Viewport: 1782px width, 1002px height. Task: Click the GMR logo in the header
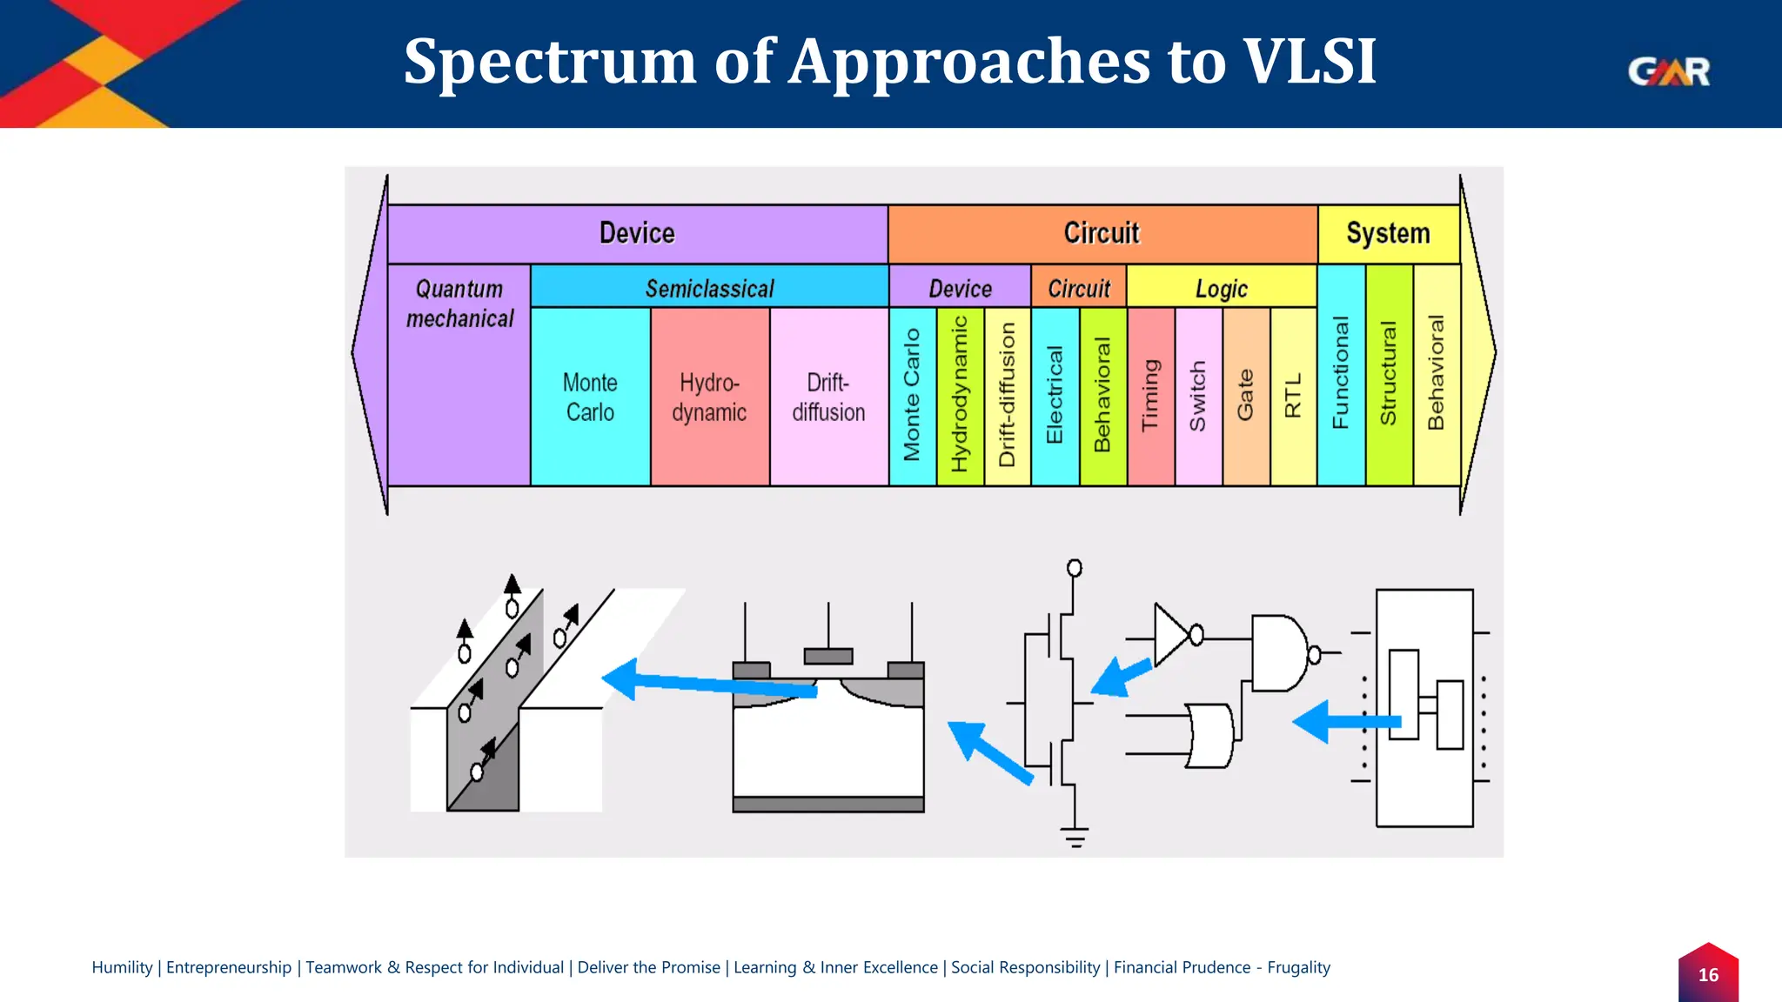1668,71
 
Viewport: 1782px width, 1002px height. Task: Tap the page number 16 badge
1708,974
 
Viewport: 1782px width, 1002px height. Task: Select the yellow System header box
1388,233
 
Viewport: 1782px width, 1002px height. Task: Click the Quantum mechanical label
459,304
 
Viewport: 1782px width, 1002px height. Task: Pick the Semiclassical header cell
709,288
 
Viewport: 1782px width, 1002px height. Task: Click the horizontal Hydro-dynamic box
709,397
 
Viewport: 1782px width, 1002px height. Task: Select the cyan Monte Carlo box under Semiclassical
590,397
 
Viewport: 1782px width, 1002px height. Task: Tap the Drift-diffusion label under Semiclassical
828,397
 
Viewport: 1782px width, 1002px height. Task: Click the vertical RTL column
1293,396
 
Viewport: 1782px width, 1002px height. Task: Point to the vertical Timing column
1150,396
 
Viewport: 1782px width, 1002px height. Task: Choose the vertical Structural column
1389,374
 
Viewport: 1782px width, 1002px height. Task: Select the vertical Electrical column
1055,396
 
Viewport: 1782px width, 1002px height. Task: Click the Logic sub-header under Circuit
1221,288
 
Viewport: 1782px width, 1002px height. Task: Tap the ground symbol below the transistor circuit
1075,837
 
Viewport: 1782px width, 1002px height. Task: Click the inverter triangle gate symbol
1169,634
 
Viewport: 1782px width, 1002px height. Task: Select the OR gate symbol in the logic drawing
1210,736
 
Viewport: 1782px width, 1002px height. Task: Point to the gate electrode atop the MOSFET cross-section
827,656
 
